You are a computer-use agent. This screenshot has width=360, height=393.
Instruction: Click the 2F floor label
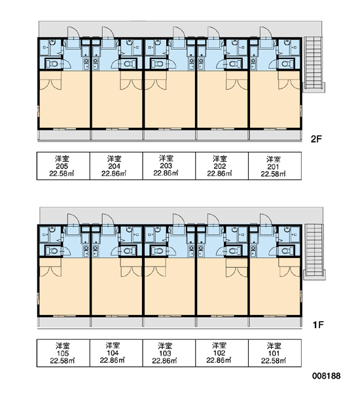pyautogui.click(x=315, y=139)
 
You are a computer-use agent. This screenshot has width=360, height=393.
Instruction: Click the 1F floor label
pyautogui.click(x=318, y=325)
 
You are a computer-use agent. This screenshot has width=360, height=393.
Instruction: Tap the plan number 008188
pyautogui.click(x=326, y=376)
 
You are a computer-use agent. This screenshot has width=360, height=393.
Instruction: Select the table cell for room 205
pyautogui.click(x=63, y=166)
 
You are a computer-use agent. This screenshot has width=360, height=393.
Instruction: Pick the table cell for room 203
pyautogui.click(x=169, y=166)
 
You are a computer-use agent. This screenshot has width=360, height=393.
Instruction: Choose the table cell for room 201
pyautogui.click(x=275, y=166)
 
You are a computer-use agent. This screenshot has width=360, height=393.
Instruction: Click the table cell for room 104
pyautogui.click(x=117, y=353)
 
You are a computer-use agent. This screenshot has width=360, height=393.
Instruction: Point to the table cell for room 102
pyautogui.click(x=222, y=353)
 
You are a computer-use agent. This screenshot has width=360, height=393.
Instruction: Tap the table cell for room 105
pyautogui.click(x=63, y=353)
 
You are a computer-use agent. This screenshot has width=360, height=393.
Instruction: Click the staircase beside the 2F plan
pyautogui.click(x=314, y=64)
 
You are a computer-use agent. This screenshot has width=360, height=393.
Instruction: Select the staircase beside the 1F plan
pyautogui.click(x=314, y=252)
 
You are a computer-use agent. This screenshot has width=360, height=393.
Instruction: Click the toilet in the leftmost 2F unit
pyautogui.click(x=54, y=64)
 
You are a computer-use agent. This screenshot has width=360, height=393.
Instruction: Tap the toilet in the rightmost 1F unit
pyautogui.click(x=285, y=251)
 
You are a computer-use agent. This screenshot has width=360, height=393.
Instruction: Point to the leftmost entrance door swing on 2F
pyautogui.click(x=73, y=33)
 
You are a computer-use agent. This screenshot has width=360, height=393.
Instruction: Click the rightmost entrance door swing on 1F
pyautogui.click(x=266, y=219)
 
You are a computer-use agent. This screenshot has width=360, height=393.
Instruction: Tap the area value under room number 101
pyautogui.click(x=274, y=361)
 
